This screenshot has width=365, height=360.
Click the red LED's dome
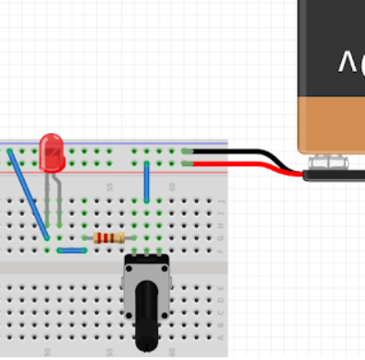pos(52,152)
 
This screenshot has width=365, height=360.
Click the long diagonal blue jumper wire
pos(28,195)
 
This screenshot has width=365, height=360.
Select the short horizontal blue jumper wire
pos(72,250)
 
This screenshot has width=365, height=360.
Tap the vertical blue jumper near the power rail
pos(146,181)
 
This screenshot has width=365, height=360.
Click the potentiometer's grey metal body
pos(147,271)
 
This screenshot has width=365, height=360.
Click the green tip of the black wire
pos(188,151)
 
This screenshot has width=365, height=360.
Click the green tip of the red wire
pos(188,163)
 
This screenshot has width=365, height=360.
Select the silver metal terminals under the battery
pos(333,163)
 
